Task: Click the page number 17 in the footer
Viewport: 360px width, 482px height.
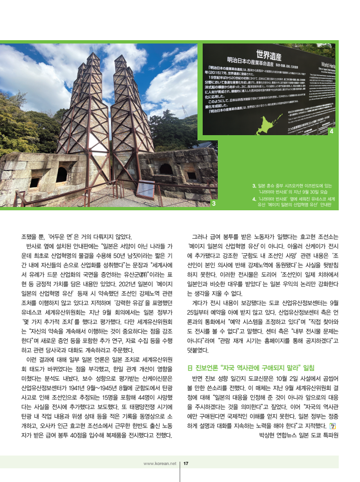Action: (186, 464)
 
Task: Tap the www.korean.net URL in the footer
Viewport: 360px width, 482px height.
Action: (160, 464)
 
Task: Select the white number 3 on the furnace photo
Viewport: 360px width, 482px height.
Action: (214, 203)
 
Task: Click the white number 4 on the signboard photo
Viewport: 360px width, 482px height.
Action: (331, 131)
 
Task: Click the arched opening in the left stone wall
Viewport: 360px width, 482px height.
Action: (61, 174)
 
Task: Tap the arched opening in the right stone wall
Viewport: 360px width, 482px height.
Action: (166, 169)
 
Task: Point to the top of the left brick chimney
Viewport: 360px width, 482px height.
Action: (93, 56)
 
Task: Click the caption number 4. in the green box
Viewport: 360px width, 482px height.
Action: (255, 199)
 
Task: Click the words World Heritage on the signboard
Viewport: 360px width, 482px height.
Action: (327, 65)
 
